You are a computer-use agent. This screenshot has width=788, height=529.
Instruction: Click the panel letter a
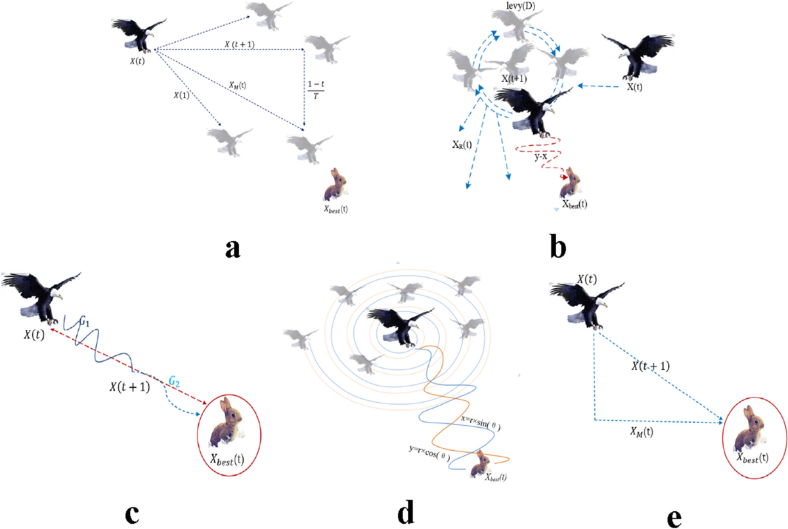(233, 250)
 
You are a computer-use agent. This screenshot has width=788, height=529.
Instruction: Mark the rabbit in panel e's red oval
(751, 427)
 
